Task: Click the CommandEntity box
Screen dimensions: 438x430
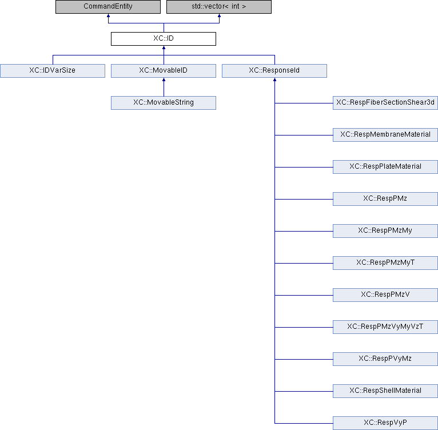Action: coord(108,7)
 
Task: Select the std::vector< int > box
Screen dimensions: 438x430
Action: coord(219,7)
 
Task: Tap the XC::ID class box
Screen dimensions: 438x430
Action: coord(164,39)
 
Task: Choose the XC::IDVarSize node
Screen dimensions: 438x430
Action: coord(53,71)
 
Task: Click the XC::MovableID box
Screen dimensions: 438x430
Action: coord(164,71)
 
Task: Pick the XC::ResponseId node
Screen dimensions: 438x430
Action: coord(274,71)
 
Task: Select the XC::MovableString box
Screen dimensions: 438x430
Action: coord(164,103)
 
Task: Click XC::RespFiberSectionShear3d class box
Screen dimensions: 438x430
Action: coord(385,103)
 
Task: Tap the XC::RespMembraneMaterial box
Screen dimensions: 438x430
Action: coord(385,135)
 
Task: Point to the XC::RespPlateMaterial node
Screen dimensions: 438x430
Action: coord(385,167)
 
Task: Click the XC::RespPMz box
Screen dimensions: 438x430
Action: coord(385,199)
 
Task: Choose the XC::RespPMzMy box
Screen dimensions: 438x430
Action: coord(385,231)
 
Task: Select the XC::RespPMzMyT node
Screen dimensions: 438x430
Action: coord(385,263)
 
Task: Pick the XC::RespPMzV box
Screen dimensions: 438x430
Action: coord(385,295)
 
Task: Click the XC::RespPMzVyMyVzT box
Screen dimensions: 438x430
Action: coord(385,327)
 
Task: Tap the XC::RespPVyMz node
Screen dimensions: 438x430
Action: coord(385,359)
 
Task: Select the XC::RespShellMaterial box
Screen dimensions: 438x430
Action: coord(385,391)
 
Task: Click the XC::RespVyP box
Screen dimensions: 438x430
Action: coord(385,423)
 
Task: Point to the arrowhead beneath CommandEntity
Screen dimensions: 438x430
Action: coord(109,15)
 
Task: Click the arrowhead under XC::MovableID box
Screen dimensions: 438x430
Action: coord(164,80)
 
